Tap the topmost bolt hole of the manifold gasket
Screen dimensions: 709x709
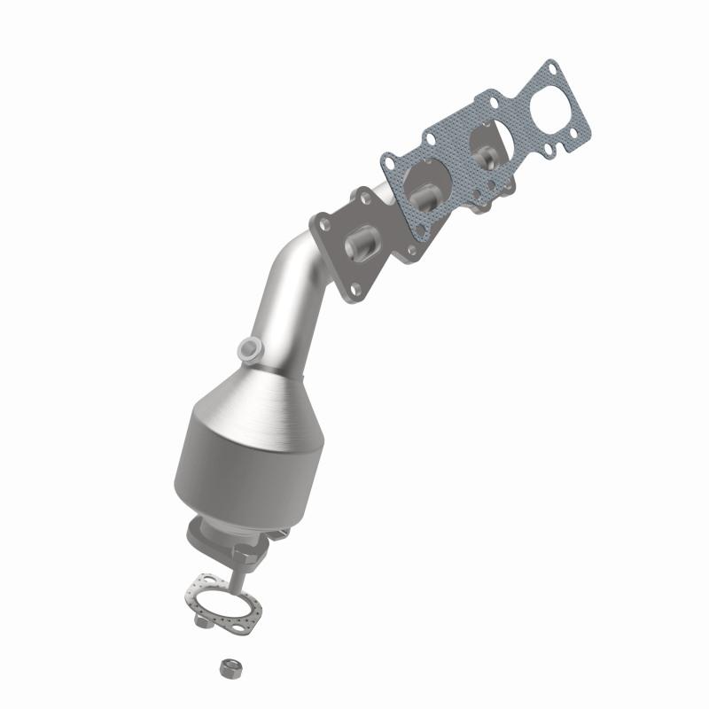[550, 66]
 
